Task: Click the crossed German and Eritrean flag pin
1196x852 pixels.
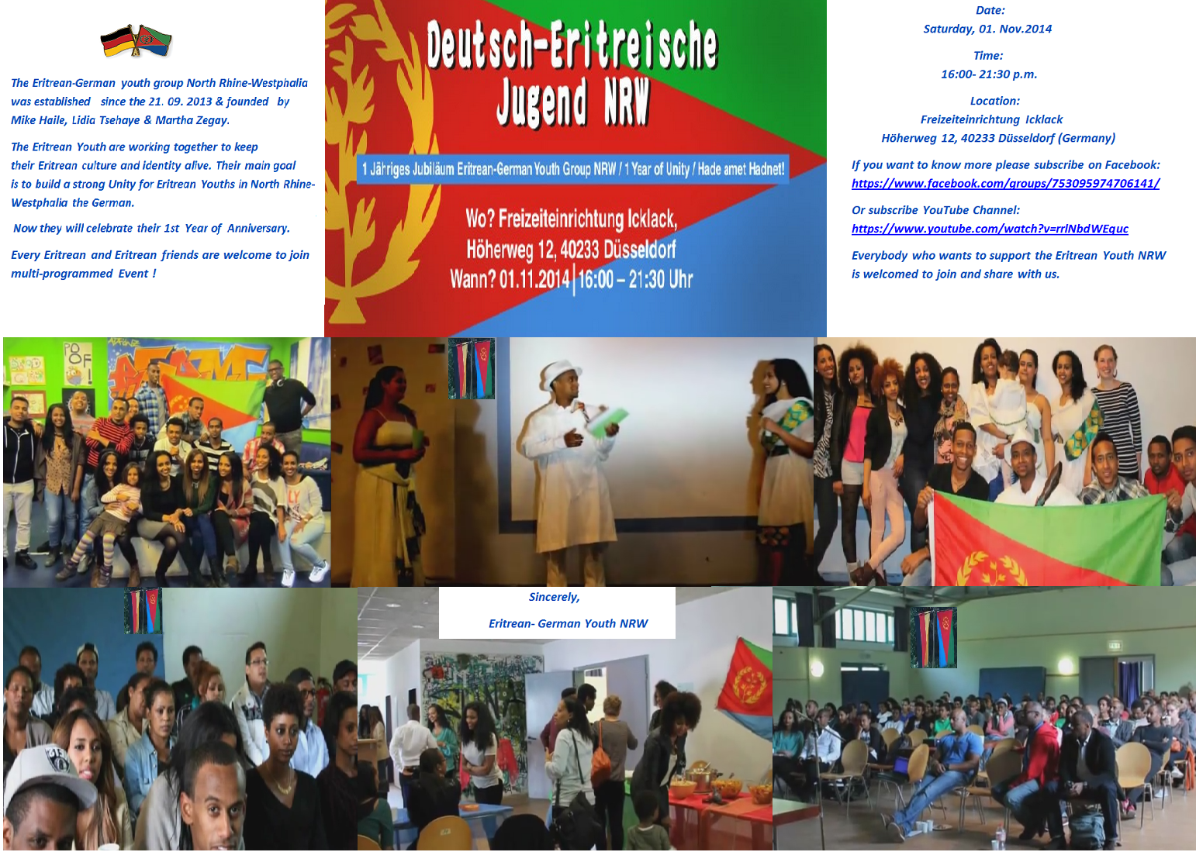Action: [137, 42]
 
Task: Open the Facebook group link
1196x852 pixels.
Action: [1005, 184]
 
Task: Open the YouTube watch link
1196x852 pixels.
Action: [990, 229]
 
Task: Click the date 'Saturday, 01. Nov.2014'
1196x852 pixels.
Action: [987, 29]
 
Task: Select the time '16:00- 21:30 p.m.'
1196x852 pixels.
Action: [989, 74]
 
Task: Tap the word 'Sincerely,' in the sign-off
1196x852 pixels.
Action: [555, 598]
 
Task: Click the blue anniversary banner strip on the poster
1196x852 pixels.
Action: [572, 170]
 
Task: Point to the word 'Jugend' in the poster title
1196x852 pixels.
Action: [541, 102]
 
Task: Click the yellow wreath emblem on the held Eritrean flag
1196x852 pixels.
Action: [991, 568]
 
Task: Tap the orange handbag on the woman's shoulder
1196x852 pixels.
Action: [601, 760]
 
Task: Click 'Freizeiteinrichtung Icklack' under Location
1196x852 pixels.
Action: [991, 119]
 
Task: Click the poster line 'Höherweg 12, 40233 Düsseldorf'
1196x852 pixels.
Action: [571, 250]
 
